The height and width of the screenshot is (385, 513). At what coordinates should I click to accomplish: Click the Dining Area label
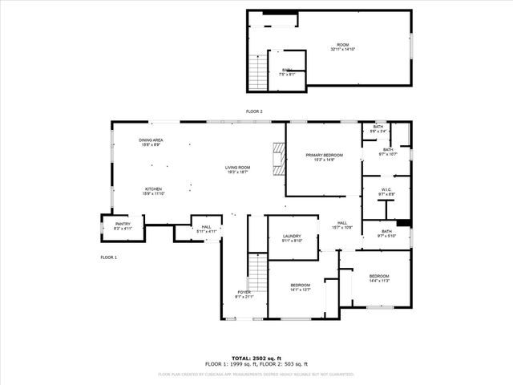[x=151, y=140]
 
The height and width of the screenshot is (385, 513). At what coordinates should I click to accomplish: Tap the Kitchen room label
[x=153, y=189]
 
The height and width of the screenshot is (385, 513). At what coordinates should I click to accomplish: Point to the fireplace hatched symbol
[x=278, y=158]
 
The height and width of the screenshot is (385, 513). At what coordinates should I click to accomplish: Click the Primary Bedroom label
[x=324, y=155]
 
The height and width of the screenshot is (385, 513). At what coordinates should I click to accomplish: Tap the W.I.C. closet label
[x=386, y=190]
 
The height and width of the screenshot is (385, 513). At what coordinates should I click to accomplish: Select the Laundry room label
[x=292, y=237]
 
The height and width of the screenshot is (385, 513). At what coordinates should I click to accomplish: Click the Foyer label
[x=244, y=292]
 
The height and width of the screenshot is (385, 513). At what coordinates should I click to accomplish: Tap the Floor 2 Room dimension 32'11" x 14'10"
[x=342, y=50]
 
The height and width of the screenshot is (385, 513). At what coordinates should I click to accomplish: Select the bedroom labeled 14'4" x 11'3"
[x=379, y=278]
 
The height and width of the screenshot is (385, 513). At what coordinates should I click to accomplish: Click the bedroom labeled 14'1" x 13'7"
[x=301, y=286]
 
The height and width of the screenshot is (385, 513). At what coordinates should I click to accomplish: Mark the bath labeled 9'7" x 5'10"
[x=386, y=232]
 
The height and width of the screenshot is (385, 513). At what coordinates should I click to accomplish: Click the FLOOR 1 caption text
[x=109, y=257]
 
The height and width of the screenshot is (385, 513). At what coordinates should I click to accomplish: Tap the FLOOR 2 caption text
[x=254, y=111]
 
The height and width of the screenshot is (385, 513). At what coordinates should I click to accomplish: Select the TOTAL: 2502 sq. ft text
[x=256, y=357]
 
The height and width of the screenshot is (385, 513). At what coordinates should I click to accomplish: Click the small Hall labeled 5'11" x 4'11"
[x=206, y=229]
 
